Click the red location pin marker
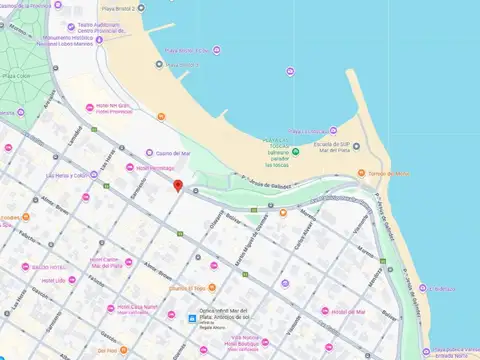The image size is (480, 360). point(178,185)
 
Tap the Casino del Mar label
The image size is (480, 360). point(174,153)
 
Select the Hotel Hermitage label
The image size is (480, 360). point(156,168)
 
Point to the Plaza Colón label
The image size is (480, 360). point(15,75)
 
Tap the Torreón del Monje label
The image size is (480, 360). point(389,173)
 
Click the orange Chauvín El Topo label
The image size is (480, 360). point(186,288)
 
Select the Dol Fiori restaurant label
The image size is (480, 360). point(107,350)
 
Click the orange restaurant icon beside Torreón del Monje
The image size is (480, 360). point(361,173)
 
